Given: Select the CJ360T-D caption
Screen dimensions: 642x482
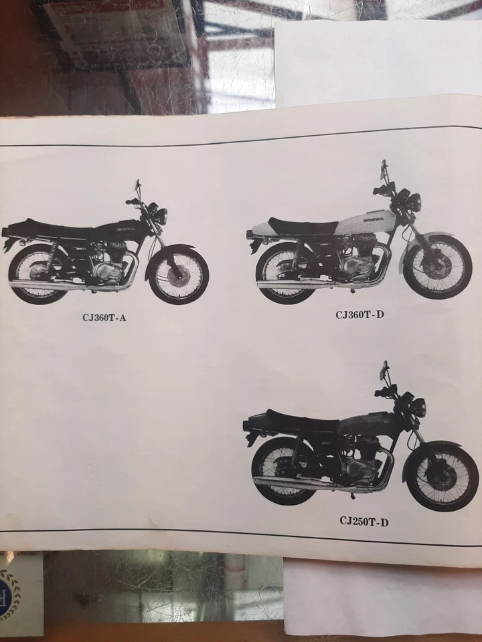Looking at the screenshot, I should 360,314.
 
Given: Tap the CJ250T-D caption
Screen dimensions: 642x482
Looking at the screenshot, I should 364,522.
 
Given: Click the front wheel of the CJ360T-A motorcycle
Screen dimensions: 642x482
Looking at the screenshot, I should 178,275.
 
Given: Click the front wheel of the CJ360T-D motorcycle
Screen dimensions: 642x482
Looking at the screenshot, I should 437,267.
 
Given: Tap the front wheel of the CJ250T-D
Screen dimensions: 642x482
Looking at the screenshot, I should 443,476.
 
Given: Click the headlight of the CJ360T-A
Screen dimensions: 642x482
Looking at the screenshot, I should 161,216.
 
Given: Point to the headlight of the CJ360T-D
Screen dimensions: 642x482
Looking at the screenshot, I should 415,201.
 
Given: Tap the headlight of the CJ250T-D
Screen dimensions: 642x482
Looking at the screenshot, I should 419,407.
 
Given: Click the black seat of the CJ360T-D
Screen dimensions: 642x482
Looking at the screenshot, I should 301,226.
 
